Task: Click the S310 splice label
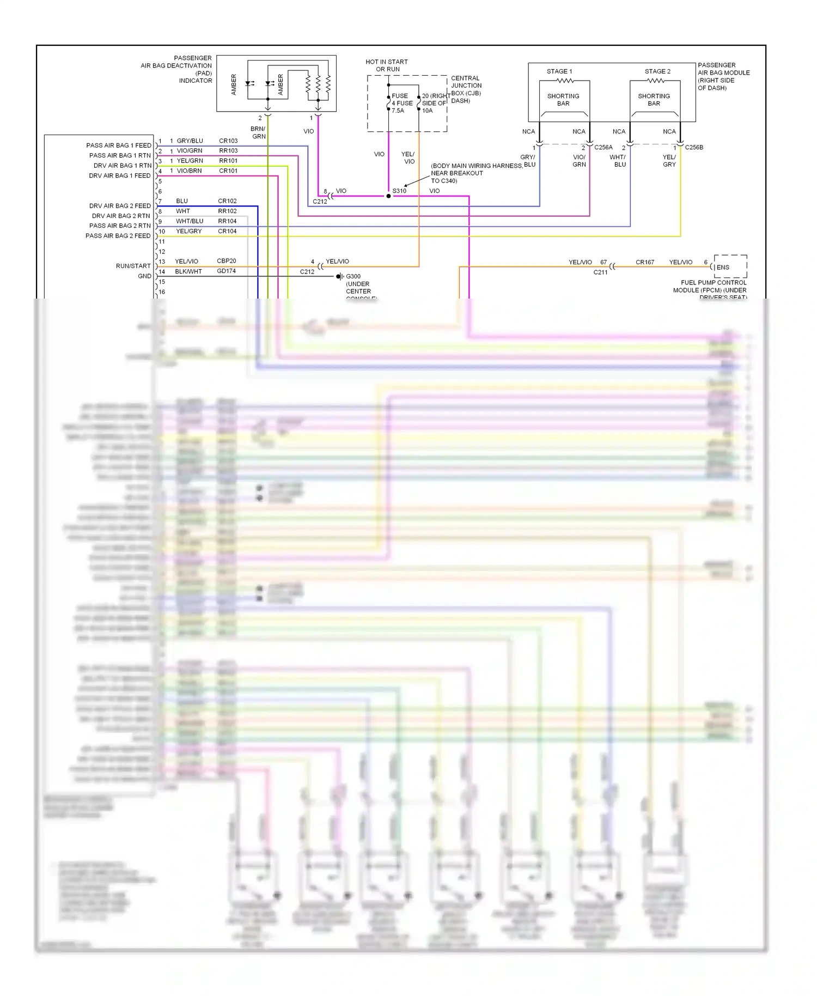[x=399, y=191]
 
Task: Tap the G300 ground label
[x=353, y=276]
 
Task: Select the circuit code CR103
[x=228, y=141]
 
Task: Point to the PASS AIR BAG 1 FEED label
[x=119, y=145]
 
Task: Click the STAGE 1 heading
[x=559, y=71]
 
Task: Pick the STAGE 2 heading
[x=657, y=71]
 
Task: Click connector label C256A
[x=603, y=147]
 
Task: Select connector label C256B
[x=694, y=147]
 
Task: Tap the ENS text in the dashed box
[x=723, y=267]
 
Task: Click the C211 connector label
[x=600, y=272]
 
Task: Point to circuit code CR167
[x=645, y=262]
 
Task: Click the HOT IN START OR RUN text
[x=387, y=65]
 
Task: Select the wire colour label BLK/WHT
[x=188, y=271]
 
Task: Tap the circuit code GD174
[x=227, y=271]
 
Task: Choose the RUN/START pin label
[x=133, y=266]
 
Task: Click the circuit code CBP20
[x=227, y=261]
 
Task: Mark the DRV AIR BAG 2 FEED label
[x=120, y=206]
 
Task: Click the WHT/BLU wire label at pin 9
[x=190, y=221]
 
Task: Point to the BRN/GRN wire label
[x=258, y=132]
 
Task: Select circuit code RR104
[x=227, y=221]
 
